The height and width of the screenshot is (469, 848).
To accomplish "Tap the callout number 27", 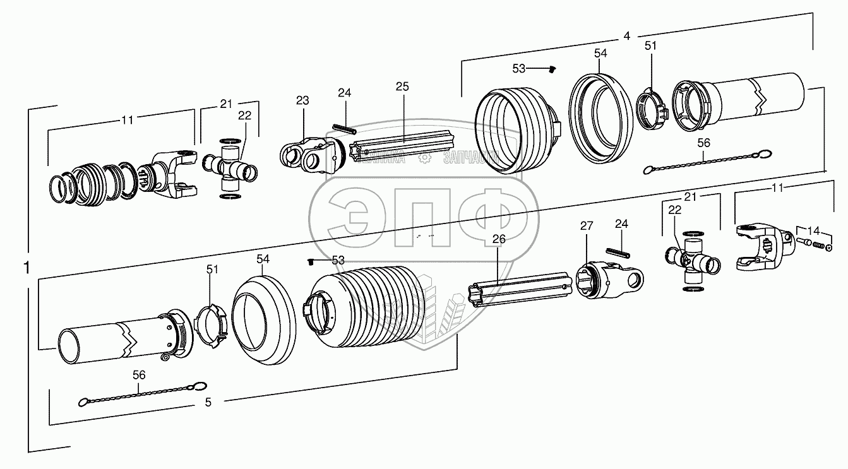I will click(587, 225).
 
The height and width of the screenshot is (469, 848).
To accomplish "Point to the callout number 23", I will click(302, 100).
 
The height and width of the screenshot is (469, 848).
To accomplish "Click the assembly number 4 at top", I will click(626, 37).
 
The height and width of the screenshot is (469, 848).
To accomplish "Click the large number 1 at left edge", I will click(26, 268).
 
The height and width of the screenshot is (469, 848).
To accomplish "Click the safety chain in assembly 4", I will click(705, 161).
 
